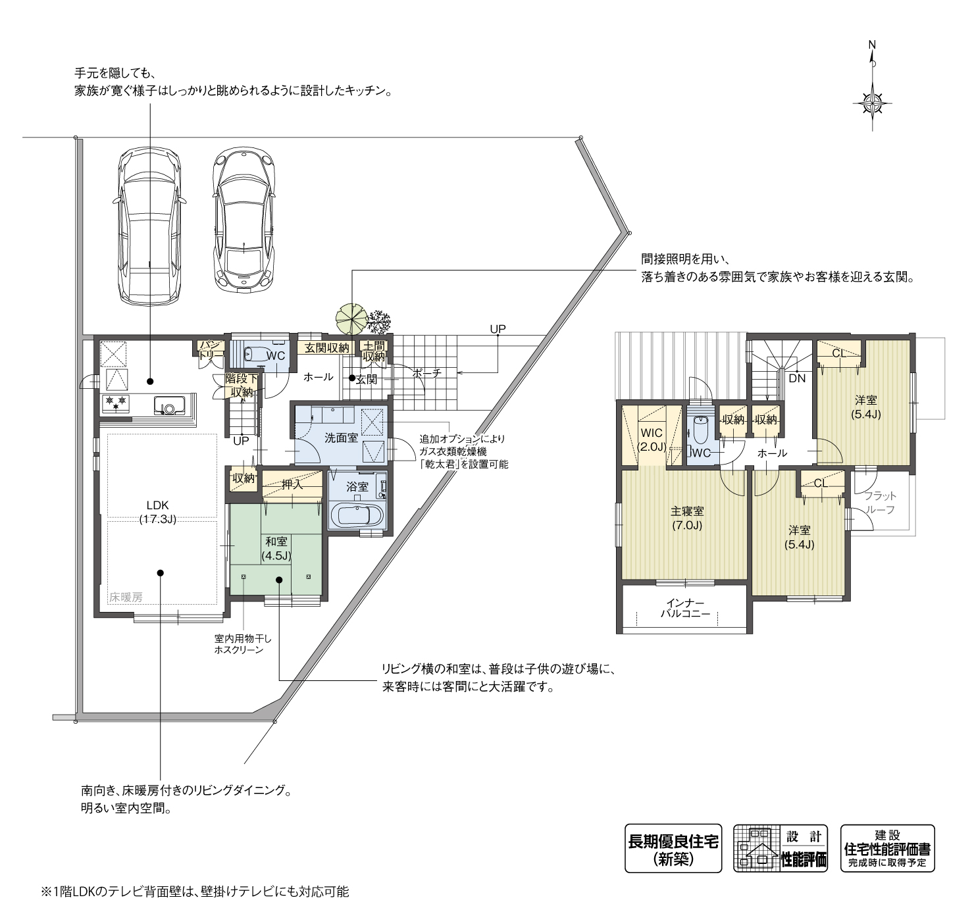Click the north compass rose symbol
873,103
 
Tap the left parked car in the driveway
149,226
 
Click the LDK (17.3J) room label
158,512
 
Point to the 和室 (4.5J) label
276,548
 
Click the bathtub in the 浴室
357,515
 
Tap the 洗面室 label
341,438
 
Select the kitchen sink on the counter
169,406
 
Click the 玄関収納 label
326,347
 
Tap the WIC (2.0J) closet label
652,440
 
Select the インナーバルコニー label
685,608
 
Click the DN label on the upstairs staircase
797,378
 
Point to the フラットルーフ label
879,503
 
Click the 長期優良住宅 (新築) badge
673,849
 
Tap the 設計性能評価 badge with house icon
781,849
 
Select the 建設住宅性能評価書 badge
887,849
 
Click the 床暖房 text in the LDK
126,597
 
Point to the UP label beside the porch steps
498,329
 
